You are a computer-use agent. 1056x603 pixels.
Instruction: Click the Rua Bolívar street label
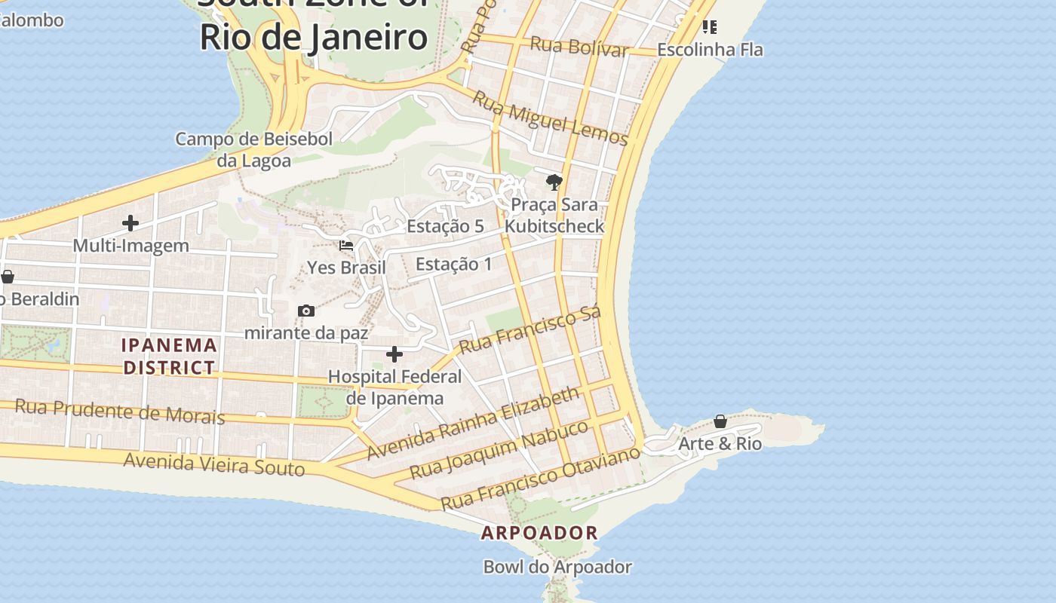579,46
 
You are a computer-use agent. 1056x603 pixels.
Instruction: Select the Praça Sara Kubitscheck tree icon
554,182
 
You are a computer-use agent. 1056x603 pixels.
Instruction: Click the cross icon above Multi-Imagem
130,223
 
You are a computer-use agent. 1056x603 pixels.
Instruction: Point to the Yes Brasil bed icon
346,246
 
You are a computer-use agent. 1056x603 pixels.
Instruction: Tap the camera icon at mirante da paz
306,311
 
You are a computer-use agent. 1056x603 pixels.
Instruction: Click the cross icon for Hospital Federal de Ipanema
394,354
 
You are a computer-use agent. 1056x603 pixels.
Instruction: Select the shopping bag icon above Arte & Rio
720,421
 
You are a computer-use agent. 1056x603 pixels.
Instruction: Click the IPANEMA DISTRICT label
170,357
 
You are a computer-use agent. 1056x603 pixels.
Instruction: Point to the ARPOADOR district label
540,533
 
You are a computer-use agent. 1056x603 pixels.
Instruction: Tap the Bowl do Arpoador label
557,567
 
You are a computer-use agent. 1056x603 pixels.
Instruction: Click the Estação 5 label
445,226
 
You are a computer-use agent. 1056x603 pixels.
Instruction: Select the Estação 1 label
453,264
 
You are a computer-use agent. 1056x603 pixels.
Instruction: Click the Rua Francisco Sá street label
530,329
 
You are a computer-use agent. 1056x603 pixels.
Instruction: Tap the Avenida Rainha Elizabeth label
474,422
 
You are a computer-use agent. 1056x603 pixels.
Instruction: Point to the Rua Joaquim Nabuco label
499,449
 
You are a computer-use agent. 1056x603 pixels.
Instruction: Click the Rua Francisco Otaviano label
540,478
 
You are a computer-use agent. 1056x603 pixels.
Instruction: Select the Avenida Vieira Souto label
214,464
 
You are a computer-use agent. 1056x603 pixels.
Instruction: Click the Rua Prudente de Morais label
120,412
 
